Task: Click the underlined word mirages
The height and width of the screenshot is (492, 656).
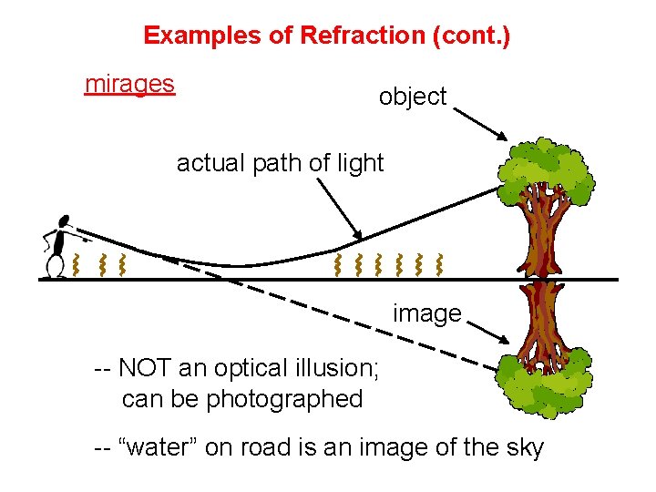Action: coord(129,85)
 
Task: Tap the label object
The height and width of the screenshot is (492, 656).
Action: coord(413,97)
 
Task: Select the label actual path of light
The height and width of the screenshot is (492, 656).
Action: coord(280,163)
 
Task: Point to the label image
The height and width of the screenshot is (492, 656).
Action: coord(426,313)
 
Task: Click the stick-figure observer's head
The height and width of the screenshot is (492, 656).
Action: coord(64,221)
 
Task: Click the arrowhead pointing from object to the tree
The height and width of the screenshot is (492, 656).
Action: coord(503,137)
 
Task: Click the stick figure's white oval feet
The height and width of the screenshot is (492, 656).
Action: coord(55,267)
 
